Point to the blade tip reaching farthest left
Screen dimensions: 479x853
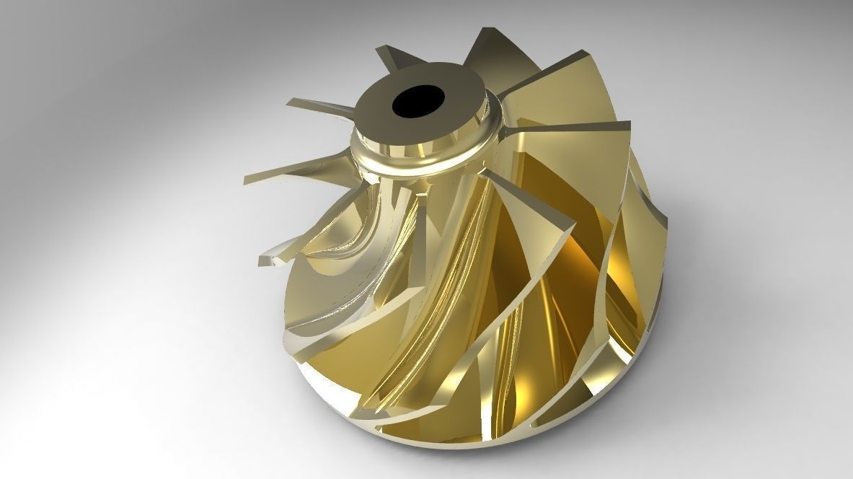pyautogui.click(x=246, y=179)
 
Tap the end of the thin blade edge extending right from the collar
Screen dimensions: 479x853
pyautogui.click(x=629, y=124)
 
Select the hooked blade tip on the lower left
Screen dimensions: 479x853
pyautogui.click(x=262, y=258)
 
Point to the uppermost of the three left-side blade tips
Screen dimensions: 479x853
pyautogui.click(x=288, y=103)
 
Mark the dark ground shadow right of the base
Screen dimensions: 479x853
pyautogui.click(x=692, y=375)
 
